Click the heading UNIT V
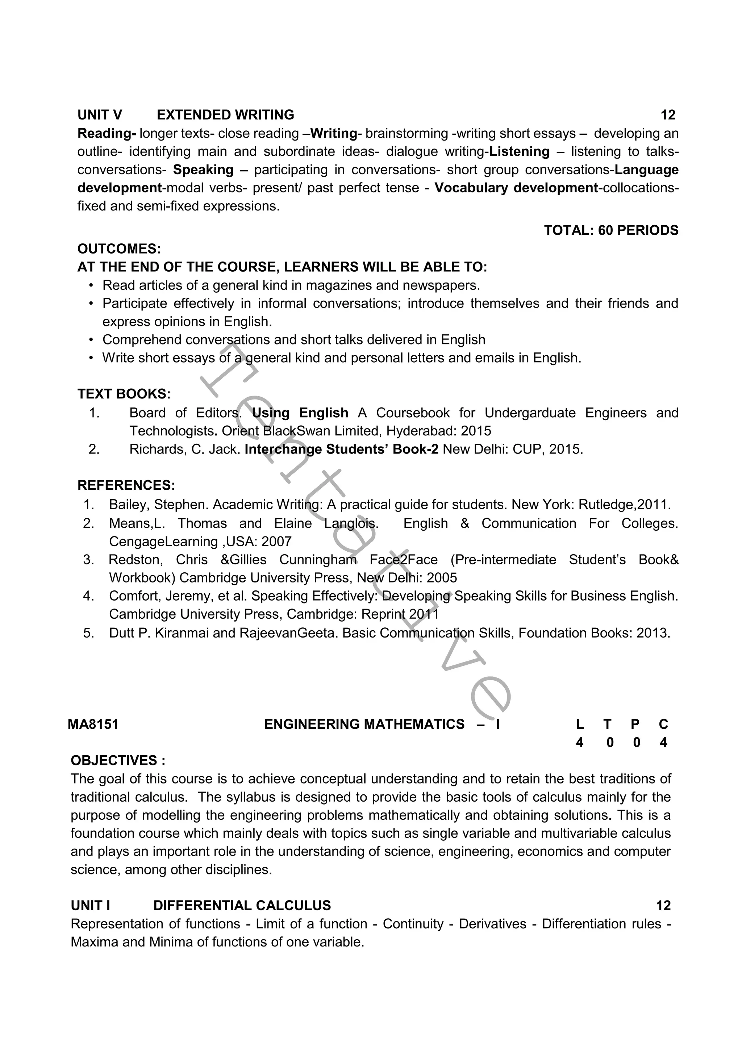click(x=100, y=115)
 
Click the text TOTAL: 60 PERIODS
click(x=611, y=230)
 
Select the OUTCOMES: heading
click(x=119, y=249)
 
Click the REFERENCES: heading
click(x=126, y=485)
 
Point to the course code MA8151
click(x=93, y=724)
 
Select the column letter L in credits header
click(x=580, y=724)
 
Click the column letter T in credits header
click(x=607, y=724)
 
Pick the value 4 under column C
click(x=663, y=743)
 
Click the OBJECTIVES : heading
click(x=118, y=761)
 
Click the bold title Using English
click(x=300, y=413)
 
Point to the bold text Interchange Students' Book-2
click(x=341, y=450)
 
